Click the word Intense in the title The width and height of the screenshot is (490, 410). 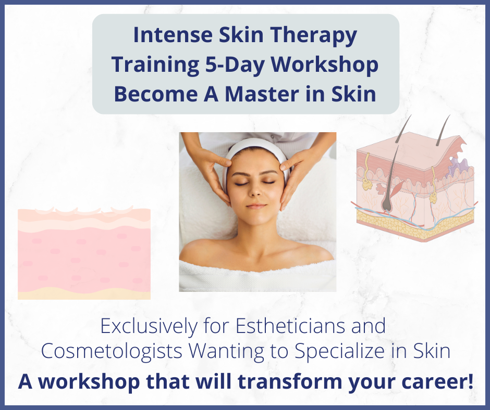coord(173,35)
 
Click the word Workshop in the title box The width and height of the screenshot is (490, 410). coord(324,65)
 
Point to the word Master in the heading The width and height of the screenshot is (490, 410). coord(262,94)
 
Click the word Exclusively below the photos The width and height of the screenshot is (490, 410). coord(149,326)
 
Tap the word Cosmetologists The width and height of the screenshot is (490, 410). coord(112,351)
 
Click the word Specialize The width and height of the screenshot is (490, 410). coord(339,351)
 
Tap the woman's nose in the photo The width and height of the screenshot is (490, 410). coord(255,190)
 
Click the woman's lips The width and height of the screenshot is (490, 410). coord(256,206)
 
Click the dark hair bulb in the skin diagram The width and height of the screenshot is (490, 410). coord(387,203)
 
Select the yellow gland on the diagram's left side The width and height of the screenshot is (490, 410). coord(367,184)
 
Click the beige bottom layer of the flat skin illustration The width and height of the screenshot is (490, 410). coord(84,294)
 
